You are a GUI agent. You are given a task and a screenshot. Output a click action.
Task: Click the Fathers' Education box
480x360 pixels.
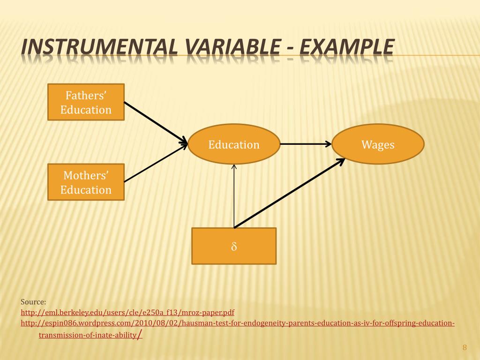(x=86, y=102)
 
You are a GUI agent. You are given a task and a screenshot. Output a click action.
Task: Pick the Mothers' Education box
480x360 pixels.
(x=86, y=182)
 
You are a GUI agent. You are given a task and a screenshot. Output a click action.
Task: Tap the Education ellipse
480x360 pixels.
(x=234, y=144)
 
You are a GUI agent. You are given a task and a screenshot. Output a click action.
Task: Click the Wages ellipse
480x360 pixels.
(x=378, y=144)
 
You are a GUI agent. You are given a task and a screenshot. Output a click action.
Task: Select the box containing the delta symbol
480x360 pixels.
(x=234, y=246)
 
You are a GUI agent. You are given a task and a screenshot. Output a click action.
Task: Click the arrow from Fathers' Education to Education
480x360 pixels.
(x=155, y=122)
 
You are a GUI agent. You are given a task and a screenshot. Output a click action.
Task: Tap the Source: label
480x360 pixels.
(x=33, y=301)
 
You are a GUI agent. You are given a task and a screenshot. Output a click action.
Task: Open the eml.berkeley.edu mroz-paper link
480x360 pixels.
(x=127, y=312)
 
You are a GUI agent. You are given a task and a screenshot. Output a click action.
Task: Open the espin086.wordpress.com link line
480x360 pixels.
(x=238, y=323)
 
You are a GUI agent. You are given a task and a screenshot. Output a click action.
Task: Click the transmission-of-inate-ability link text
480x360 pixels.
(x=87, y=335)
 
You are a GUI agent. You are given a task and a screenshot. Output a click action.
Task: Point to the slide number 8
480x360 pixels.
(x=465, y=347)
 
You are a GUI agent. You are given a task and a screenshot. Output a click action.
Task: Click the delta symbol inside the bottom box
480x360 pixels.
(x=234, y=246)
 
